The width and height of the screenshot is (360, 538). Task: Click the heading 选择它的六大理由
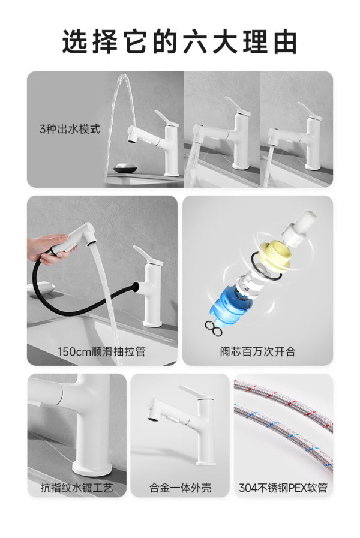(x=179, y=42)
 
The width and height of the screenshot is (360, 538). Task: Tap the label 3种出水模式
(x=70, y=129)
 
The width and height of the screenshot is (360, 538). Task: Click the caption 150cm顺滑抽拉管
(x=101, y=351)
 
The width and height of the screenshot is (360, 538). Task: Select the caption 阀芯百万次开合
(x=257, y=351)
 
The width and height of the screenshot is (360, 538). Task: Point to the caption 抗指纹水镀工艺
(x=77, y=488)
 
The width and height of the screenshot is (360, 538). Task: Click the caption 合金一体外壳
(x=180, y=488)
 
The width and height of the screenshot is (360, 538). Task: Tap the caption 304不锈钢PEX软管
(x=283, y=488)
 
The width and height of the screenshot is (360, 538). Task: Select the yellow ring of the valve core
(x=275, y=253)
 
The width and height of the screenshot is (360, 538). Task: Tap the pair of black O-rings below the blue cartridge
(x=214, y=328)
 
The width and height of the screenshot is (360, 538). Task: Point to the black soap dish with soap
(x=125, y=167)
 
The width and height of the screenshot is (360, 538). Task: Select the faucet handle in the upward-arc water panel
(x=166, y=118)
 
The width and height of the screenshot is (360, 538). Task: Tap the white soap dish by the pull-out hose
(x=41, y=287)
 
